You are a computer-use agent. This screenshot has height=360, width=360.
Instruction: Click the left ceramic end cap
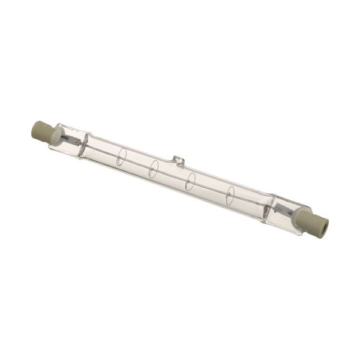(42, 130)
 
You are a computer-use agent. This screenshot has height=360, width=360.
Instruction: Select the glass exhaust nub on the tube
(178, 160)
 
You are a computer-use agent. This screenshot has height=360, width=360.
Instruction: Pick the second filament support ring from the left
(154, 169)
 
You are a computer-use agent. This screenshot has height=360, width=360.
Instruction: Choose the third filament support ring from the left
(190, 181)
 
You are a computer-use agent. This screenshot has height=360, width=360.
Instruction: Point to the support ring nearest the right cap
(230, 194)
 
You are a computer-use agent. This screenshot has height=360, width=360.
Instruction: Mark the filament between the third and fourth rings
(210, 188)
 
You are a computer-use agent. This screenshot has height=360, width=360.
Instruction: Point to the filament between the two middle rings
(172, 175)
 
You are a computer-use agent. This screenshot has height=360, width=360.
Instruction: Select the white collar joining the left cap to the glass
(55, 135)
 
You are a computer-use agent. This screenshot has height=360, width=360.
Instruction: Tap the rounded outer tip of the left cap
(34, 127)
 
